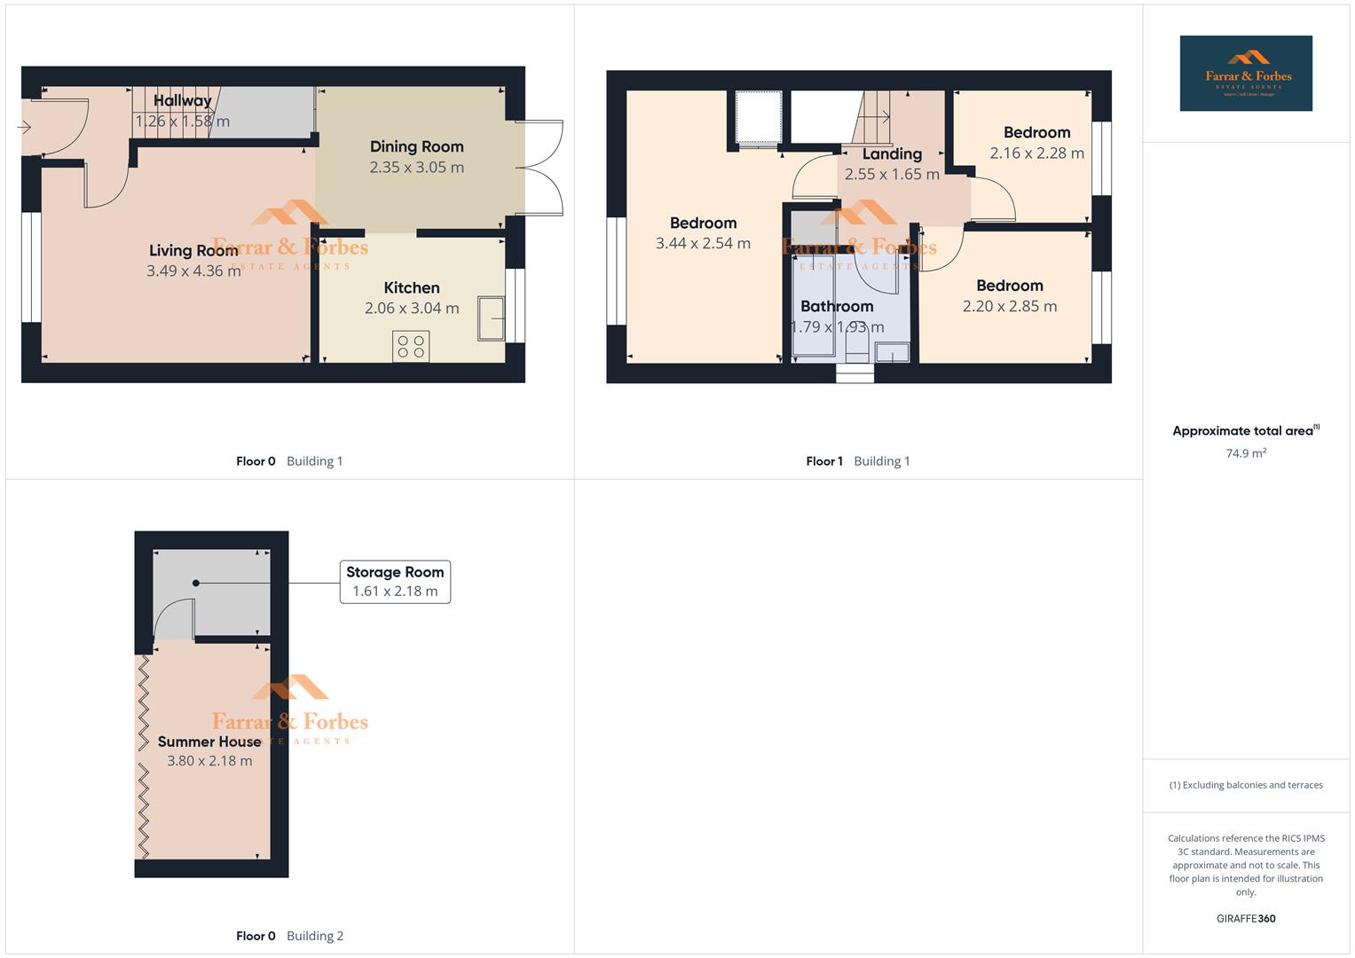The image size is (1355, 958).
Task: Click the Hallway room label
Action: pos(183,100)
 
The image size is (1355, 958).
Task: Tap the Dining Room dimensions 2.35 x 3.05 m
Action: pos(416,167)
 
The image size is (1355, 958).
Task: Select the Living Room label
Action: pos(193,250)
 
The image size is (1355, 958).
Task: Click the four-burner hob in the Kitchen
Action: pos(411,346)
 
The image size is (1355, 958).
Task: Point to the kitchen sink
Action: pos(491,318)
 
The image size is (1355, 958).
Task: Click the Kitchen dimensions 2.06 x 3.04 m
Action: pos(412,308)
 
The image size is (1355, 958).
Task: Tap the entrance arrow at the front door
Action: pos(24,127)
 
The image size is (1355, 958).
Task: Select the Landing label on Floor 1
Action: pos(892,154)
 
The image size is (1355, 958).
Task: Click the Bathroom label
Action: pos(837,306)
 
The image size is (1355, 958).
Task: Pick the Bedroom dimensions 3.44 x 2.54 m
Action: pos(703,243)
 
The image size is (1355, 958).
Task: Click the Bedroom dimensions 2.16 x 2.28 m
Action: pos(1036,153)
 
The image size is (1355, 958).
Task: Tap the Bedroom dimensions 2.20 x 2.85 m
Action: pos(1010,306)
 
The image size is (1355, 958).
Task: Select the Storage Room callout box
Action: pos(395,582)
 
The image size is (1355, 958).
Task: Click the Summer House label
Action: pos(209,742)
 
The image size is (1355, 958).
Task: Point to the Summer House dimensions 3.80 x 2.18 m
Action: pos(209,760)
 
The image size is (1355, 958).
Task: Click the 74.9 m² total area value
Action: pos(1246,452)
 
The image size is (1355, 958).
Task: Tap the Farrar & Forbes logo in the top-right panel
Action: pos(1246,73)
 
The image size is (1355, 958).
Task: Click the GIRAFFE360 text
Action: pos(1246,918)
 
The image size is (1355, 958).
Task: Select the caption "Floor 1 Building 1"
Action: pos(857,460)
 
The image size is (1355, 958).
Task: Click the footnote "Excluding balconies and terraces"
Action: pos(1246,785)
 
